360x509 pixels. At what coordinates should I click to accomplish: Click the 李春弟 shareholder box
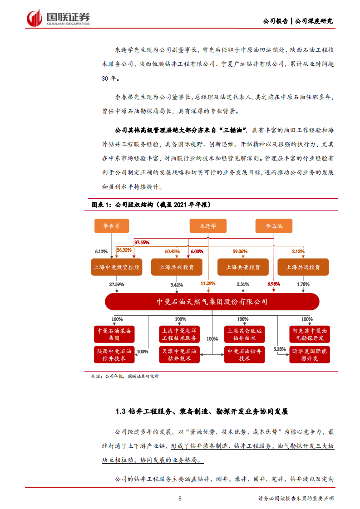[x=111, y=225]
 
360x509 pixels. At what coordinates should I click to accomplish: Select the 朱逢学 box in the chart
[x=208, y=225]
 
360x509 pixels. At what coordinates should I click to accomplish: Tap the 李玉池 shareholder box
[x=274, y=225]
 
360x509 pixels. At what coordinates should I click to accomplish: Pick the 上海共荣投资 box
[x=239, y=267]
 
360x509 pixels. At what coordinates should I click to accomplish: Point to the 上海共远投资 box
[x=303, y=267]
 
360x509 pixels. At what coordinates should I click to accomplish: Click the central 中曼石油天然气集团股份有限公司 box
[x=212, y=302]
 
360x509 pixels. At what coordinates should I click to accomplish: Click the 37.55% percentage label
[x=142, y=242]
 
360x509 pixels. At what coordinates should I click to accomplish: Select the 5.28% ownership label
[x=280, y=349]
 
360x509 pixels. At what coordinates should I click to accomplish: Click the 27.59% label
[x=116, y=284]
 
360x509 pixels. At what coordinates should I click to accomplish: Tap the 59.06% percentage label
[x=240, y=251]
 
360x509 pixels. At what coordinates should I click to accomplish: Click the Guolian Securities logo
[x=58, y=18]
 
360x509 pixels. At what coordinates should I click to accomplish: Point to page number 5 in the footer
[x=180, y=499]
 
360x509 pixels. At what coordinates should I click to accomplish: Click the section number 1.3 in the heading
[x=120, y=412]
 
